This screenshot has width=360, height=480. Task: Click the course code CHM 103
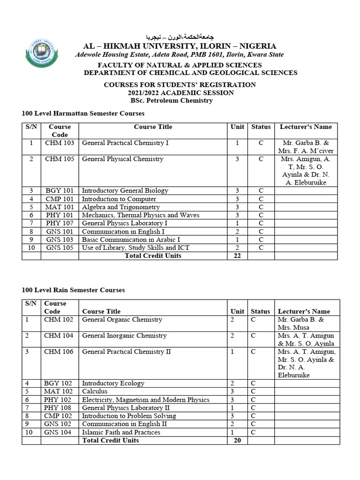click(60, 143)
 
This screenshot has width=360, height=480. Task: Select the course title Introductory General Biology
click(125, 191)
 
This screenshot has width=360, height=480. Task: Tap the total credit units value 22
click(237, 256)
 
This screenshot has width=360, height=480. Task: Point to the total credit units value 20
click(237, 441)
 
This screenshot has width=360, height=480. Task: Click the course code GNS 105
click(60, 248)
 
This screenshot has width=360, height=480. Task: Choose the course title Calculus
click(95, 391)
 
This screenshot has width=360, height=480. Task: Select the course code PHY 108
click(58, 408)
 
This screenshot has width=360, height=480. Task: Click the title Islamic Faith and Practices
click(121, 433)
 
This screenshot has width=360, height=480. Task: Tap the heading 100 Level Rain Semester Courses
click(73, 290)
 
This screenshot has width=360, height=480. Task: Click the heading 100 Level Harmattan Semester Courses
click(83, 113)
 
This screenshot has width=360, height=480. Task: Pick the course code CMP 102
click(58, 416)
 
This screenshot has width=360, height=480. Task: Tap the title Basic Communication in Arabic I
click(131, 240)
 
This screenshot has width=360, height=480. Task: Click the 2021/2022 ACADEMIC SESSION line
click(180, 93)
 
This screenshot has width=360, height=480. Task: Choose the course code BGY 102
click(58, 383)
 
